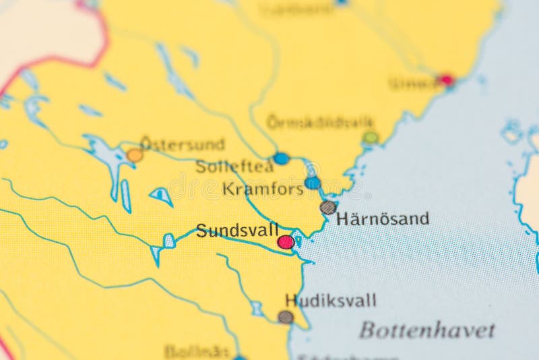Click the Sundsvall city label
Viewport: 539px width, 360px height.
[x=237, y=230]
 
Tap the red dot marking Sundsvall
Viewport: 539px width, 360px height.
[x=286, y=242]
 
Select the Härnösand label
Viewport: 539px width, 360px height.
[x=383, y=218]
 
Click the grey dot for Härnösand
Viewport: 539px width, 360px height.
[x=328, y=208]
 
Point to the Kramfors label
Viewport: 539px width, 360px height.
[x=263, y=189]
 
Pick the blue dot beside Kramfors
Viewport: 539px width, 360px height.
[x=312, y=183]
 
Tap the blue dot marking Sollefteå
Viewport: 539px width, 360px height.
[x=281, y=158]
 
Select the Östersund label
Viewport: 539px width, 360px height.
[x=182, y=144]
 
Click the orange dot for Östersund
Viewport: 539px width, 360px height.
[x=135, y=156]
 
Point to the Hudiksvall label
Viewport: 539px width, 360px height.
[x=331, y=301]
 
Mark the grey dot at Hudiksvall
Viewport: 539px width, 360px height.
[x=286, y=317]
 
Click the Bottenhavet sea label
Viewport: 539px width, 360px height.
[x=427, y=330]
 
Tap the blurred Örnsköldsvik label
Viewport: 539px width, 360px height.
[x=320, y=122]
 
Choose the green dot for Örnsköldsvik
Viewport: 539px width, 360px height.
[x=371, y=138]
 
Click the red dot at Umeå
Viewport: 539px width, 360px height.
[x=445, y=80]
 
